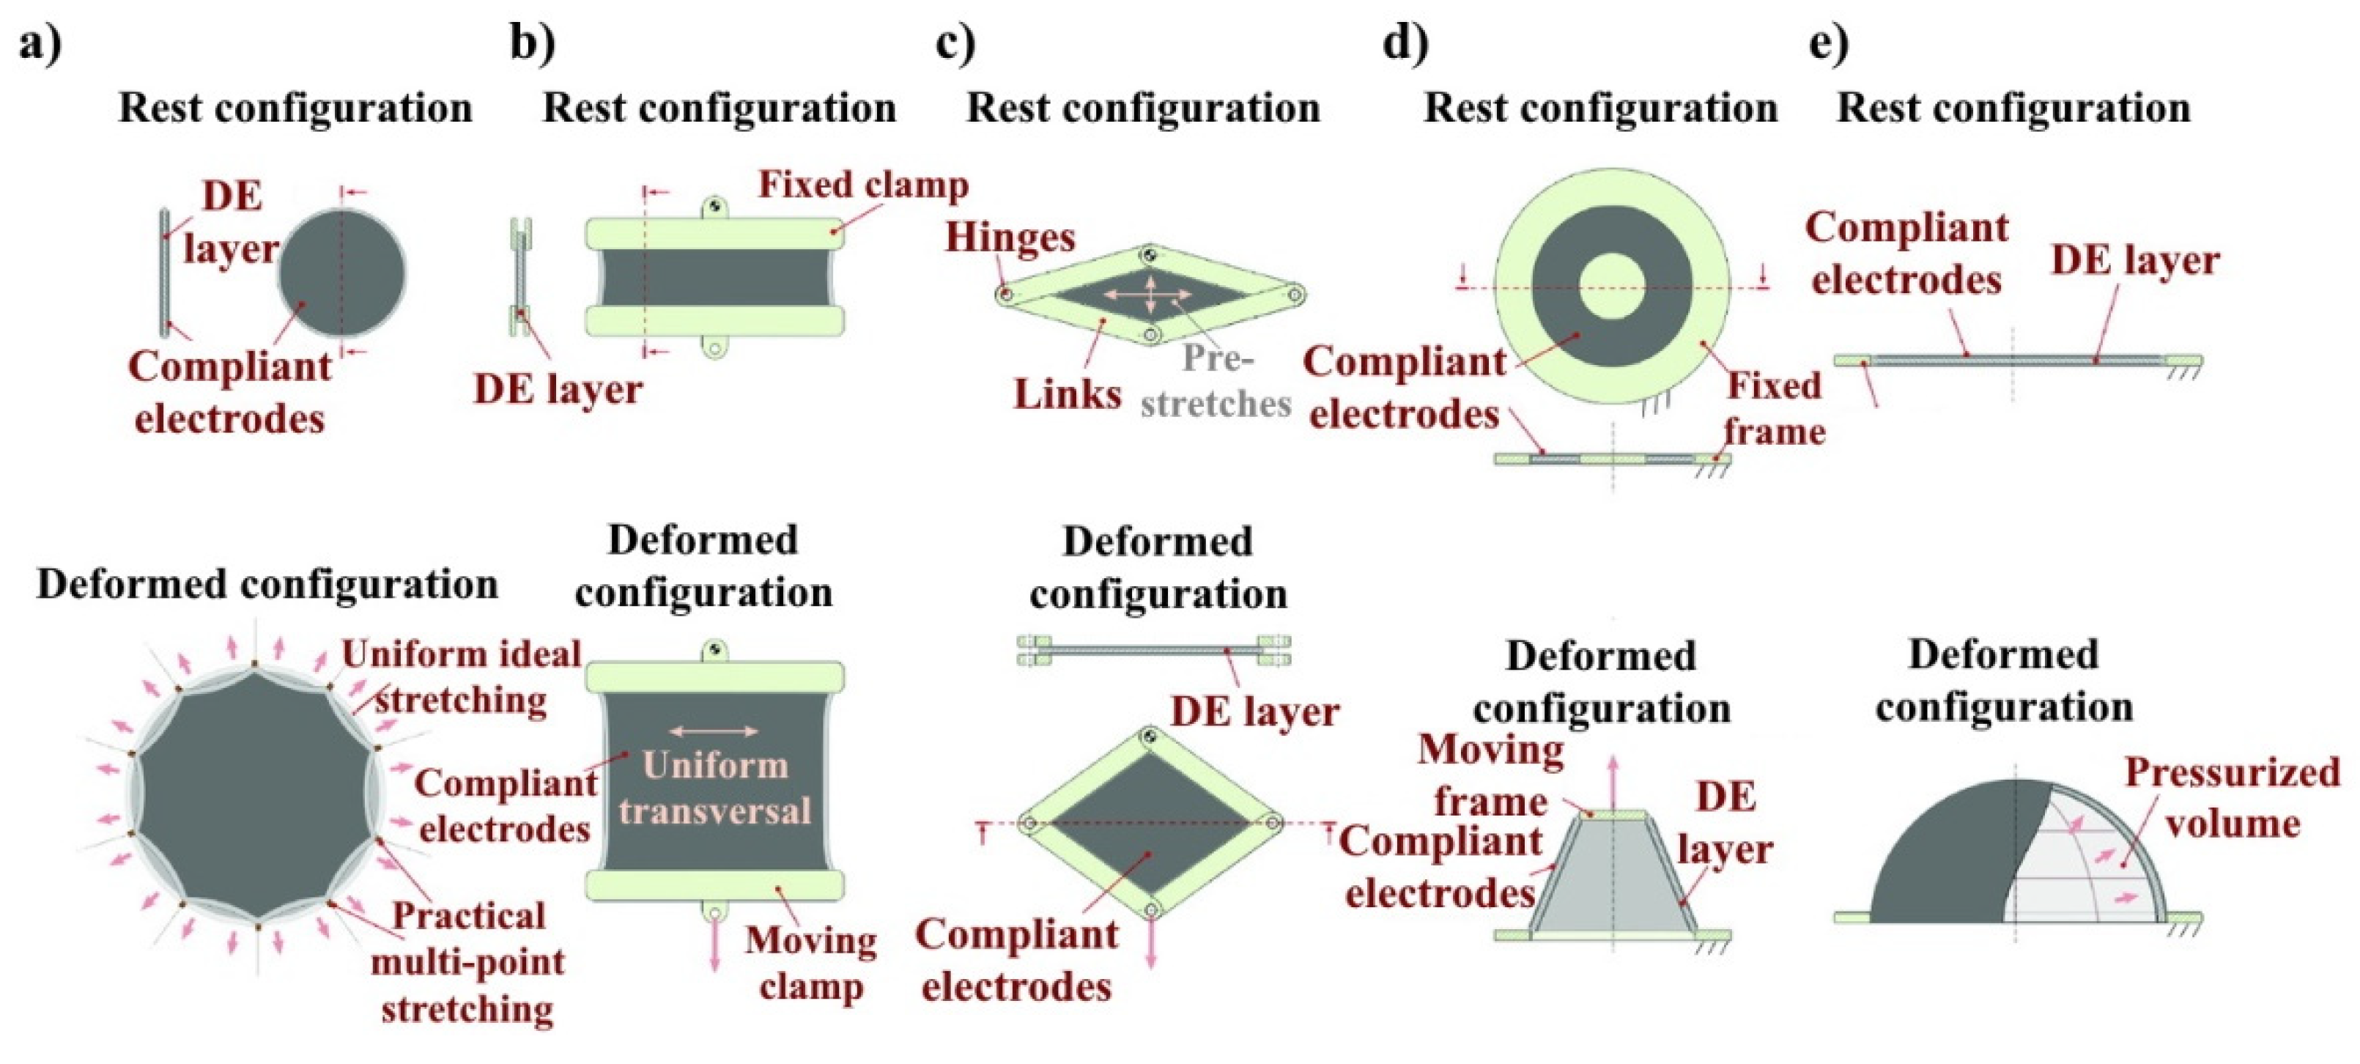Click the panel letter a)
click(x=40, y=44)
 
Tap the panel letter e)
click(x=1829, y=44)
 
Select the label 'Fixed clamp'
click(x=863, y=185)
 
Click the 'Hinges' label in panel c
click(x=1010, y=237)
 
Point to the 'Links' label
click(x=1068, y=394)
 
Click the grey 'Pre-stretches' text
click(x=1216, y=381)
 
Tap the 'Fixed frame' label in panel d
click(x=1774, y=409)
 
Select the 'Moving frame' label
click(x=1490, y=775)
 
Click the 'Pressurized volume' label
click(x=2233, y=797)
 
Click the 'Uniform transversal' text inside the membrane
click(x=714, y=788)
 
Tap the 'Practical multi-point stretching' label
click(x=468, y=962)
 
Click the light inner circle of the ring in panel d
click(x=1613, y=286)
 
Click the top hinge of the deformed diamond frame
click(x=1150, y=736)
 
